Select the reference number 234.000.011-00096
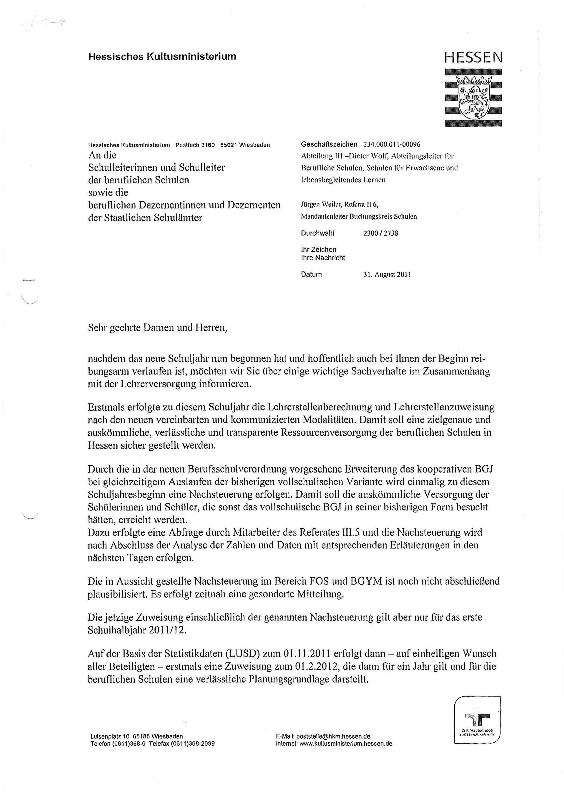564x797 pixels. point(392,144)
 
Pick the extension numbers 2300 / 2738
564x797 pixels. point(381,233)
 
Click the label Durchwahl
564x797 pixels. point(317,233)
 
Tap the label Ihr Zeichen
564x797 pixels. point(318,250)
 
